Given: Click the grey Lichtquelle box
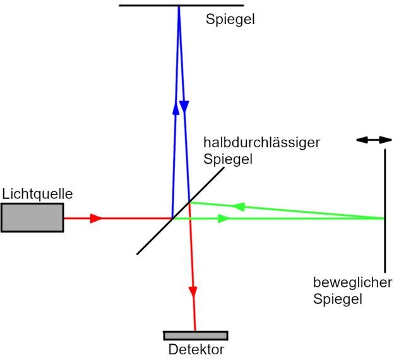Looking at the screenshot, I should click(x=32, y=218).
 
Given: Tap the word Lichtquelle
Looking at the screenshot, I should click(x=37, y=194).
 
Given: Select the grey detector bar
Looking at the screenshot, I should click(x=195, y=335).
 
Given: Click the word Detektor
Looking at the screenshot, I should click(x=196, y=349).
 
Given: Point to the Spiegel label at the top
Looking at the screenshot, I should click(x=230, y=19).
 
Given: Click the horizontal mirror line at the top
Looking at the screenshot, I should click(x=152, y=6).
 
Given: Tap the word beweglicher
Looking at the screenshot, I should click(x=353, y=282).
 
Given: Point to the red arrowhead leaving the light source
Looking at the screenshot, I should click(x=96, y=219).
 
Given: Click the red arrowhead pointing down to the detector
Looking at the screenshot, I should click(x=193, y=292).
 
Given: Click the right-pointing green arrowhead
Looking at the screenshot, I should click(x=224, y=219).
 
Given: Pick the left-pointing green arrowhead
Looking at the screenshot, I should click(x=238, y=207).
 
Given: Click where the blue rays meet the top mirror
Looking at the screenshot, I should click(x=179, y=7).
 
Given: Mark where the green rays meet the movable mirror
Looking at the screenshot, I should click(x=384, y=219).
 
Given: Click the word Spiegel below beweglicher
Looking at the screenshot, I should click(x=338, y=299).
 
